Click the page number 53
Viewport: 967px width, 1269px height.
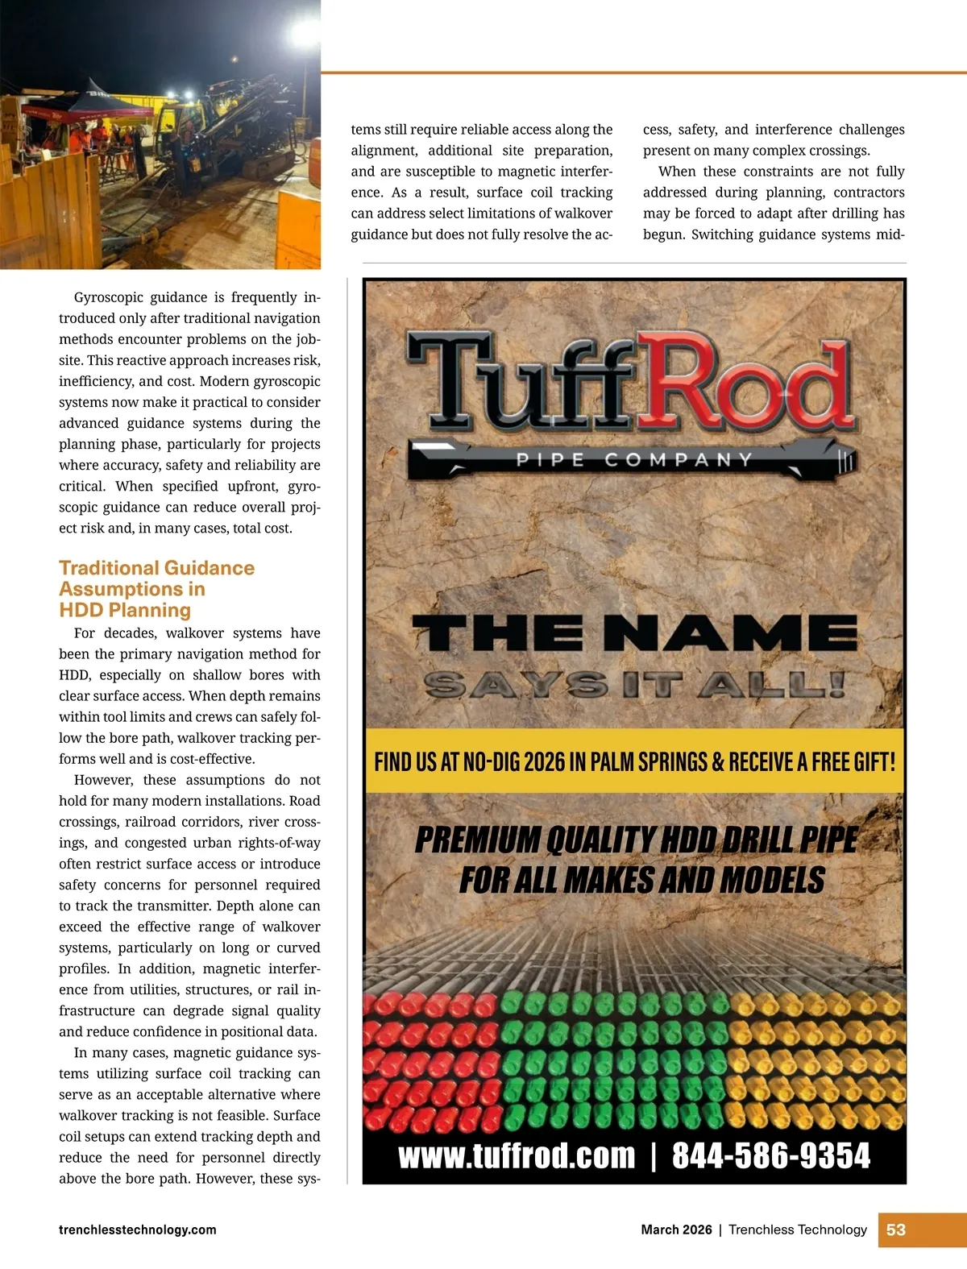(x=896, y=1230)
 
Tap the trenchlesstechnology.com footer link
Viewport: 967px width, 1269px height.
(x=138, y=1230)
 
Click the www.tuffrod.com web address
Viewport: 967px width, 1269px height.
(x=517, y=1155)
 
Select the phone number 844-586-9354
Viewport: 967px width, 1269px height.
(x=771, y=1155)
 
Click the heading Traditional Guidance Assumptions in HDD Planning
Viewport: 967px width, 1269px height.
(x=156, y=589)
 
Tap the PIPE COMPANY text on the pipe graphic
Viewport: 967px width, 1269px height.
(x=634, y=460)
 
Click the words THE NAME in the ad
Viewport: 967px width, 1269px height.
(x=634, y=633)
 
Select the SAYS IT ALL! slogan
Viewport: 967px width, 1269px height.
(x=634, y=685)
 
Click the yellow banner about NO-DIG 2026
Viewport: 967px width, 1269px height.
(x=634, y=761)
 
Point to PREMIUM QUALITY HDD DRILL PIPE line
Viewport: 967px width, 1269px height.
(x=636, y=840)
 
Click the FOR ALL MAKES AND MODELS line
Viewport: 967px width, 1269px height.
(x=641, y=880)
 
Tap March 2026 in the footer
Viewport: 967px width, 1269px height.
(x=676, y=1230)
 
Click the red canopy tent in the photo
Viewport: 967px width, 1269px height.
(x=89, y=105)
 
